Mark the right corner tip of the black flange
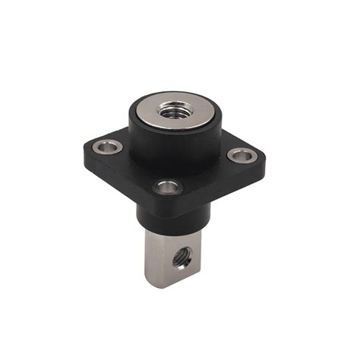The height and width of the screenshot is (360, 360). click(263, 158)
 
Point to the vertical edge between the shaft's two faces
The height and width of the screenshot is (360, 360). click(165, 262)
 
